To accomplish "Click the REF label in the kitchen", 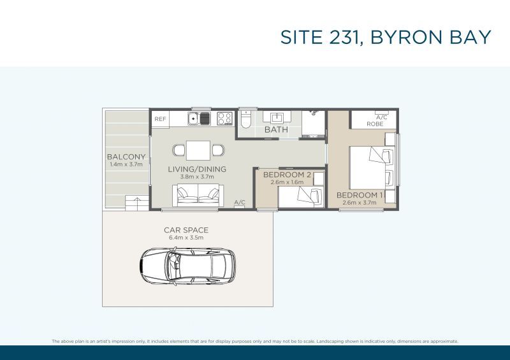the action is [x=160, y=119].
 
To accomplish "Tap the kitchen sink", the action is [x=199, y=119].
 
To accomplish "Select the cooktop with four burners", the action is [x=224, y=119].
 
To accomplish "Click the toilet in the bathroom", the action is [x=245, y=120].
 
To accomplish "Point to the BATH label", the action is [x=276, y=130].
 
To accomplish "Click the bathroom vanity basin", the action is [x=277, y=117].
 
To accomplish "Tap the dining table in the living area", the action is [x=198, y=150].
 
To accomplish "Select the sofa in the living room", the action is [x=198, y=195].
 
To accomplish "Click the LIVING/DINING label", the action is [x=197, y=169].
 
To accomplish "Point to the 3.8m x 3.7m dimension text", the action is [x=197, y=177].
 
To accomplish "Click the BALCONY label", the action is [x=126, y=157].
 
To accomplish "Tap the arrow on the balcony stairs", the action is [x=137, y=201].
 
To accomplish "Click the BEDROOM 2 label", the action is [x=288, y=175].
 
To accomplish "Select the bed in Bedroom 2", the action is [x=301, y=196].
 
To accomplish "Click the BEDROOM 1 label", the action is [x=360, y=195].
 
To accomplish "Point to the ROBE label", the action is [x=375, y=124].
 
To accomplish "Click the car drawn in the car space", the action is [x=188, y=266].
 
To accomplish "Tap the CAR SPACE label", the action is [x=186, y=230].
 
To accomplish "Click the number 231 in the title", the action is [x=344, y=37].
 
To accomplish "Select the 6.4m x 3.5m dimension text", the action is [x=186, y=238].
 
